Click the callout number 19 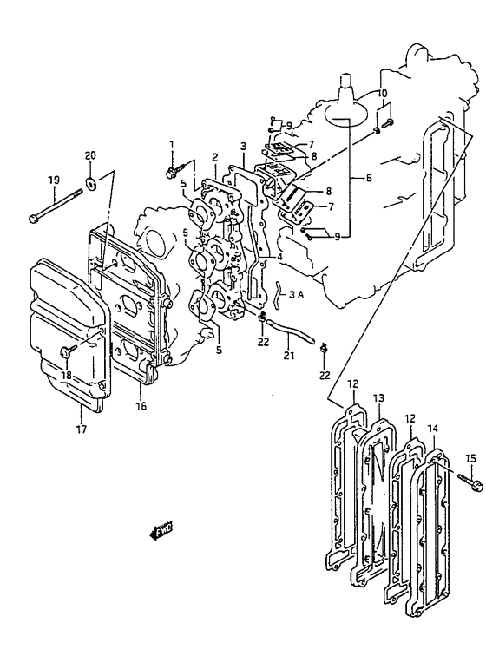[54, 180]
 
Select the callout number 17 [81, 429]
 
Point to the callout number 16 [141, 406]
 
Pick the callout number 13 [378, 397]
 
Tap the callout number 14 [432, 429]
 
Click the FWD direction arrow [161, 530]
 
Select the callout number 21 [288, 356]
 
